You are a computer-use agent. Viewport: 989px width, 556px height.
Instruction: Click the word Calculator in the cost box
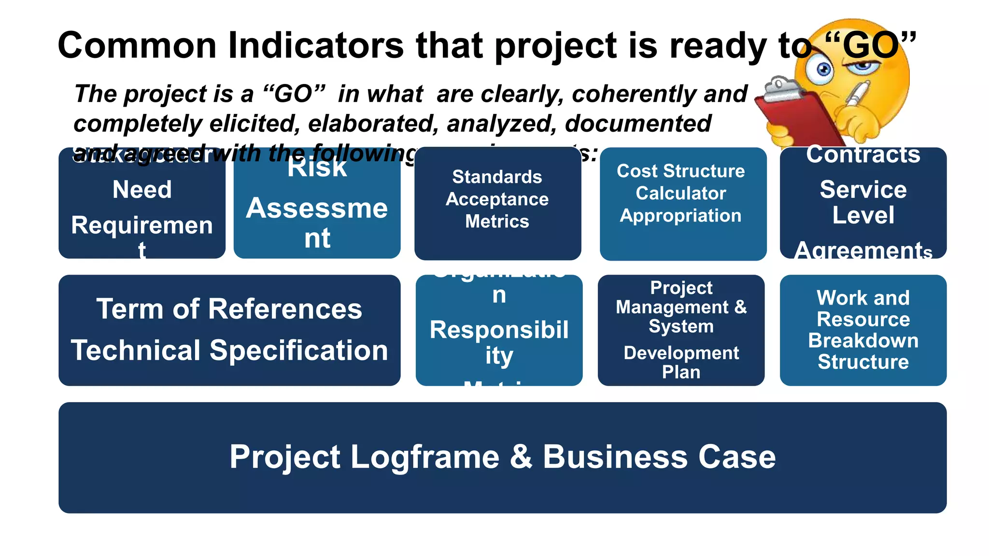680,193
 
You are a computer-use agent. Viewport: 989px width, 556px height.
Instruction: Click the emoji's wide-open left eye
824,70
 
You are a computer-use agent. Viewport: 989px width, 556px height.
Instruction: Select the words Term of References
229,309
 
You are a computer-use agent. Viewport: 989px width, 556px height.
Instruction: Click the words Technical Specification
229,350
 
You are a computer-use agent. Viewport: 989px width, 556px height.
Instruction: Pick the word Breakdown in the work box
863,341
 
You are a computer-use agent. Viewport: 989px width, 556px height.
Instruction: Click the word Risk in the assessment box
317,168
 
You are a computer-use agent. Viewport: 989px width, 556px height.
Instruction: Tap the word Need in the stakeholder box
142,189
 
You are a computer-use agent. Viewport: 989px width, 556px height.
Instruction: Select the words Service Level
863,202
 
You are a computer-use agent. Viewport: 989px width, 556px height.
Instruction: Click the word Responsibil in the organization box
499,330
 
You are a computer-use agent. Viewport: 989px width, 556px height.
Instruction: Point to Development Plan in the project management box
681,362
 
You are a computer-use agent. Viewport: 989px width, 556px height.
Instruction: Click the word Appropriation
680,215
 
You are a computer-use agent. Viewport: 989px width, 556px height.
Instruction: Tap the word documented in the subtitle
637,124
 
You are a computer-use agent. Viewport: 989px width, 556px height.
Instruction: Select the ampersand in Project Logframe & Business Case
521,457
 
